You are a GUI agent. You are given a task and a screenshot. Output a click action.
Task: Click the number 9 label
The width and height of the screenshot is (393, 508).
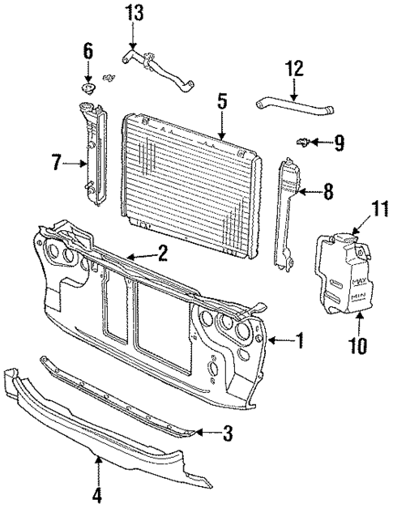click(x=339, y=144)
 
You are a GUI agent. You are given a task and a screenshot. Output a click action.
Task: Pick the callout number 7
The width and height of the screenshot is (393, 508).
click(x=57, y=164)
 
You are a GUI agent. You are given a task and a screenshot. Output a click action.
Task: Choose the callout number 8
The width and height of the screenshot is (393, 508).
click(x=327, y=193)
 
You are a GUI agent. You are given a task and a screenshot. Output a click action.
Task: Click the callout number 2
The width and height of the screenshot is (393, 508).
click(x=162, y=254)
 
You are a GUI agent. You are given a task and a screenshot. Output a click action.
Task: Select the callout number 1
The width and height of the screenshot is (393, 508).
click(x=299, y=342)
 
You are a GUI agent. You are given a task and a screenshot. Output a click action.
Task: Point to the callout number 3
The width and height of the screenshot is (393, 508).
click(x=228, y=435)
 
